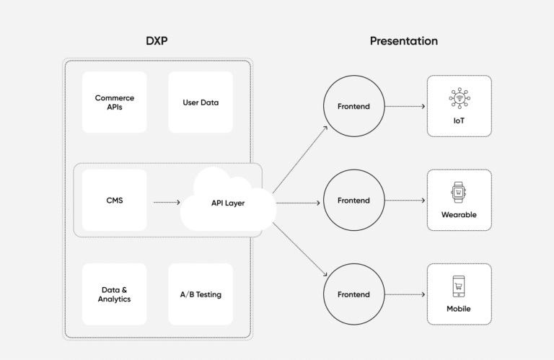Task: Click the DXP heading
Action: point(157,41)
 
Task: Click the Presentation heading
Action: point(403,41)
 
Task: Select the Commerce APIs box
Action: point(114,102)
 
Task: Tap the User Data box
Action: point(201,102)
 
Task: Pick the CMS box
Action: point(114,200)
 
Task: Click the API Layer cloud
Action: point(227,203)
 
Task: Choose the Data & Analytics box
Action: point(114,294)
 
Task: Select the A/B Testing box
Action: point(201,294)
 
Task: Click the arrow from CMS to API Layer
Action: point(167,203)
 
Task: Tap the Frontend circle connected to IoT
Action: point(353,107)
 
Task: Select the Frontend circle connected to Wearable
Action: point(353,201)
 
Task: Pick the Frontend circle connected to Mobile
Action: point(353,294)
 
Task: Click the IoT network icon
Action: point(459,98)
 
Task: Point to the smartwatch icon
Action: point(459,193)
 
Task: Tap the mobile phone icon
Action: point(459,286)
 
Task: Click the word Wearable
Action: point(459,215)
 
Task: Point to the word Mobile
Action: point(459,309)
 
